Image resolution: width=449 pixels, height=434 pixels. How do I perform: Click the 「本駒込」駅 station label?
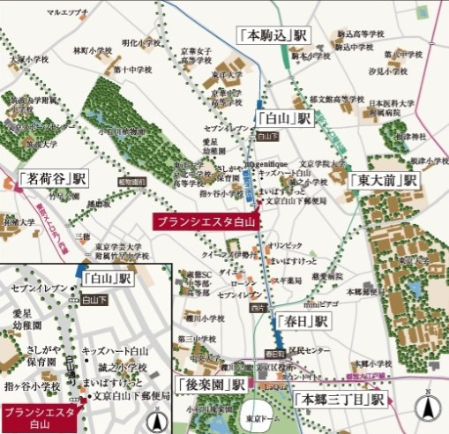click(273, 36)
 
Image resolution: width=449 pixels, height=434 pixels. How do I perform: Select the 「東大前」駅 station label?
click(385, 179)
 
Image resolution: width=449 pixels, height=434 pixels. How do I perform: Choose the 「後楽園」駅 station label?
click(210, 385)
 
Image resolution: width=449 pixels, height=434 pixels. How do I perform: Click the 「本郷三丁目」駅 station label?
click(340, 400)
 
